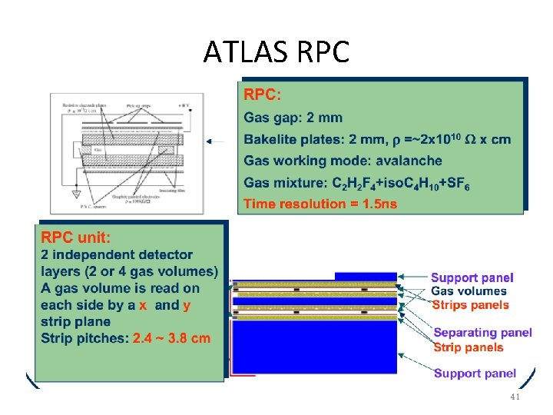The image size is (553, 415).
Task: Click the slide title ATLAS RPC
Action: (x=276, y=52)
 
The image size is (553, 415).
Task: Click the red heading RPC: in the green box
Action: (x=263, y=95)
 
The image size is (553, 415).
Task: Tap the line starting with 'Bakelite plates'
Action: (x=376, y=139)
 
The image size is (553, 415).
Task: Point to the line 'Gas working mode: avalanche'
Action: (x=343, y=161)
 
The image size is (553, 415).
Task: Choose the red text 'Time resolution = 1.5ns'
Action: (x=320, y=204)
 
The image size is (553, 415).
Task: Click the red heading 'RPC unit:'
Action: (x=75, y=237)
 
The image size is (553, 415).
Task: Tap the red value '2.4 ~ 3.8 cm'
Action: (x=171, y=338)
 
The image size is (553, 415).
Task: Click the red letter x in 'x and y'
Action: (x=142, y=305)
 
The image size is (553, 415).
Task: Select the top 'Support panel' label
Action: (x=472, y=277)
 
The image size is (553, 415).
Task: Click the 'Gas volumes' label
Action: (x=469, y=290)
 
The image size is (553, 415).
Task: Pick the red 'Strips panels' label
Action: (x=470, y=304)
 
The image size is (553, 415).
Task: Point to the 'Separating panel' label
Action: (x=482, y=333)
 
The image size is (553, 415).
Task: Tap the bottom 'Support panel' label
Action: (x=475, y=373)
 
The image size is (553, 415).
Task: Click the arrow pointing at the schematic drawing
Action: (x=216, y=141)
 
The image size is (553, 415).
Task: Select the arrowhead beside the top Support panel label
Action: (x=405, y=276)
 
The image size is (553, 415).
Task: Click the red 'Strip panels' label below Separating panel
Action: (x=469, y=347)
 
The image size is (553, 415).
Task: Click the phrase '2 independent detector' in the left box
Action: (x=117, y=254)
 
